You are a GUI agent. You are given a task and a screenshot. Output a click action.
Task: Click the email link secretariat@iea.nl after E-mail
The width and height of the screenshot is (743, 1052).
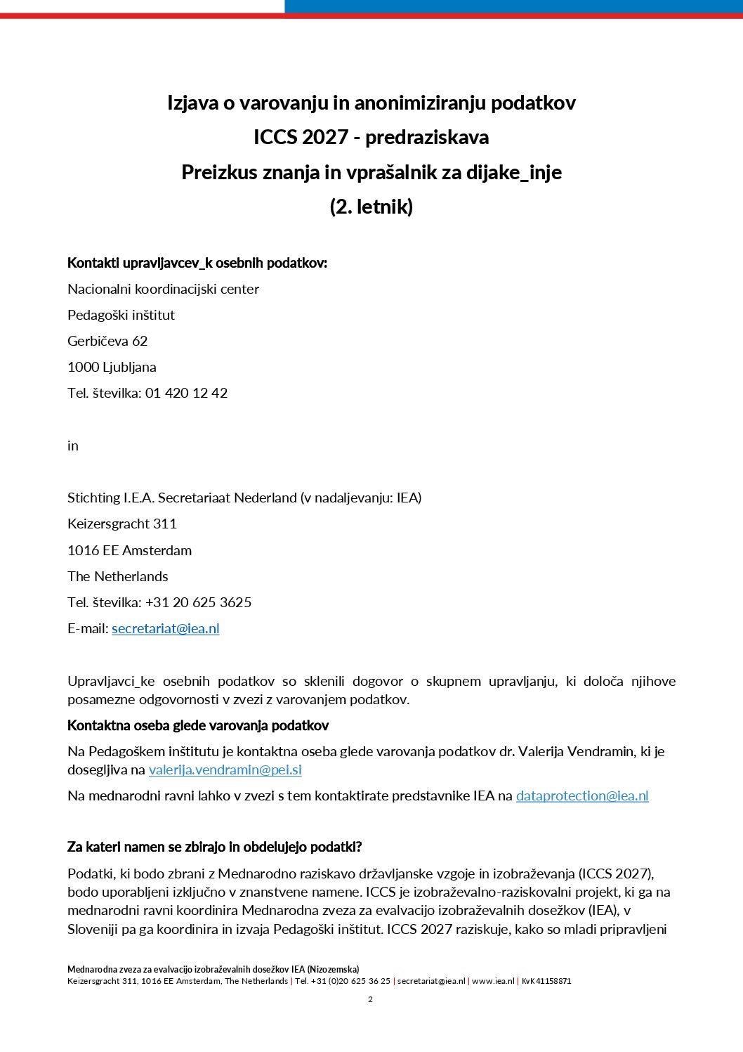point(166,629)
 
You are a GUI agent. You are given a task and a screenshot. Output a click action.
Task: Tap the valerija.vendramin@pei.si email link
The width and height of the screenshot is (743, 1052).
point(225,770)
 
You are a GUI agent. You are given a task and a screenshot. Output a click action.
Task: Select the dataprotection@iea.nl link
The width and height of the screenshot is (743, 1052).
point(582,796)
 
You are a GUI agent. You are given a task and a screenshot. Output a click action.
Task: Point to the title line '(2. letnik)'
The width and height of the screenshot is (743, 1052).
point(371,207)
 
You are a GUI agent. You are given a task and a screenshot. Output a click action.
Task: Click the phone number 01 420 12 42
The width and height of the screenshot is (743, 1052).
point(186,394)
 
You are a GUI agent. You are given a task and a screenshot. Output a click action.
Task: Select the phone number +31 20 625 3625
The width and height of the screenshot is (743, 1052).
point(198,603)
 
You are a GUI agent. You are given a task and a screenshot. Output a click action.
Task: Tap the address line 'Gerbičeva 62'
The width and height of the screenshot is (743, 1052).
point(107,342)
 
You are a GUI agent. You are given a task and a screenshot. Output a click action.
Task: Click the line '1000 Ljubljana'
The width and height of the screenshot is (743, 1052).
point(112,368)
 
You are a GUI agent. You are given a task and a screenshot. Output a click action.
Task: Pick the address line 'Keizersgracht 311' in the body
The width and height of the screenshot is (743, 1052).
point(122,524)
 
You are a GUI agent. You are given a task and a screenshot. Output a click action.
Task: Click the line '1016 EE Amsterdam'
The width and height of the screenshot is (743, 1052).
point(129,551)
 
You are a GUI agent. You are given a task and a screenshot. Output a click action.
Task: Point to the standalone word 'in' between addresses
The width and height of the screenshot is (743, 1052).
point(73,446)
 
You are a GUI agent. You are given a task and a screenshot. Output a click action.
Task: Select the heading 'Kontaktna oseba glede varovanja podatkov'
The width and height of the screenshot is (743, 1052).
point(198,726)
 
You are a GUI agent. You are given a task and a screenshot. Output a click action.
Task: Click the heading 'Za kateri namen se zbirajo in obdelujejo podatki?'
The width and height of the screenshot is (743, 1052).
point(214,848)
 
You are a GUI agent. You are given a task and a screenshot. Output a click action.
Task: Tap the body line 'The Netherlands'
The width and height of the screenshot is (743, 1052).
point(118,577)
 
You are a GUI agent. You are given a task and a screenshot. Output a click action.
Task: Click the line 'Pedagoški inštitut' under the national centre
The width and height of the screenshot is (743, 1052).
point(121,316)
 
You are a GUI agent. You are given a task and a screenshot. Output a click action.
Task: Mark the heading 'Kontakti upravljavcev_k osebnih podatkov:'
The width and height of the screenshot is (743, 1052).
point(197,264)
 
